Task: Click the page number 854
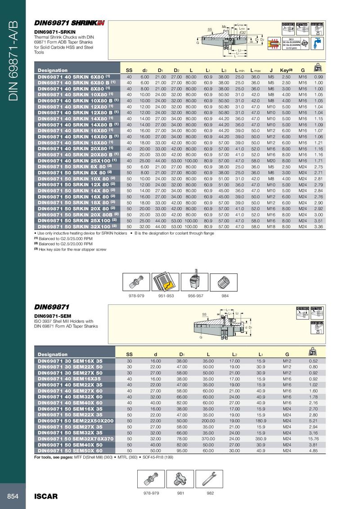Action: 12,496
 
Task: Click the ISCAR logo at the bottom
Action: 46,496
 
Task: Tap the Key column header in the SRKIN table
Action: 287,70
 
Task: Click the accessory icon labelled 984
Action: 225,281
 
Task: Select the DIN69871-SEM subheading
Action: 51,316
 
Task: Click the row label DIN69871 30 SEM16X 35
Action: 70,361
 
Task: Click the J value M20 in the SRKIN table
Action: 271,161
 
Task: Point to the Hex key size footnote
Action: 72,250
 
